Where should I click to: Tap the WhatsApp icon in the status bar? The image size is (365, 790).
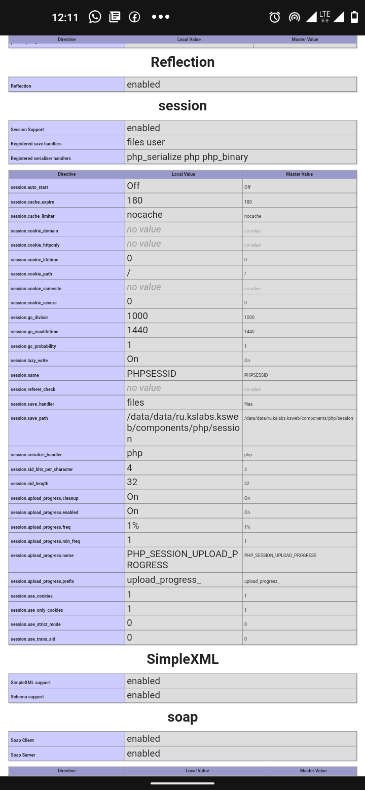tap(95, 17)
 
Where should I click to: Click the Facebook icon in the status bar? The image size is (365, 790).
tap(134, 17)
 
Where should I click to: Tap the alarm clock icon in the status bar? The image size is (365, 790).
tap(275, 17)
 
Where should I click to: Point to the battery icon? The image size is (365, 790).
tap(354, 17)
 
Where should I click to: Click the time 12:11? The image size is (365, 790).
tap(65, 17)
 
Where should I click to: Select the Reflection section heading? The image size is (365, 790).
tap(182, 62)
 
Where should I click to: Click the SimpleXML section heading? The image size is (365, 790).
tap(182, 659)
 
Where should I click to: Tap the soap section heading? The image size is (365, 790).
tap(182, 717)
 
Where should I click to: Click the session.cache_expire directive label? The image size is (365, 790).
tap(32, 202)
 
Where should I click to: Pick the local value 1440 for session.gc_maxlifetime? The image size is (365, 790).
tap(137, 330)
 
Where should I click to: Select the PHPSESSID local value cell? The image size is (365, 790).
tap(152, 374)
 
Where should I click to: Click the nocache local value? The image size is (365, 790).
tap(144, 215)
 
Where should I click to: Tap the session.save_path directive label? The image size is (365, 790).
tap(29, 418)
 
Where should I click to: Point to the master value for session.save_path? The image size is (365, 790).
tap(299, 418)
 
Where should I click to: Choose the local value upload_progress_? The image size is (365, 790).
tap(164, 580)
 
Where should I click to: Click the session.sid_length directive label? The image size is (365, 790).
tap(29, 484)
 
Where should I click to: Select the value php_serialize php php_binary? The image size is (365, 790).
tap(188, 157)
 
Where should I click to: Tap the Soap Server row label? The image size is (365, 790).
tap(23, 755)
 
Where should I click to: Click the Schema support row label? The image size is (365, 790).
tap(27, 697)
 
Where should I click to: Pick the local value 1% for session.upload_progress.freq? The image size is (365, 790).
tap(133, 526)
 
